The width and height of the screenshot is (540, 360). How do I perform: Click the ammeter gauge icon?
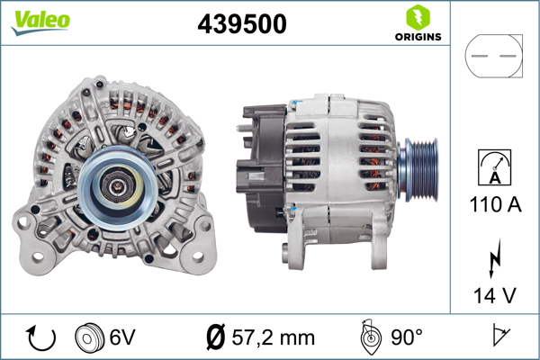coord(494,169)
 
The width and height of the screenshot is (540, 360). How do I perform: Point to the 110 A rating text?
coord(494,205)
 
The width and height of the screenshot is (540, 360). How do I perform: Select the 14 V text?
coord(494,293)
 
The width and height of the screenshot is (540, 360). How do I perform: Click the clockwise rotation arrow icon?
coord(40,337)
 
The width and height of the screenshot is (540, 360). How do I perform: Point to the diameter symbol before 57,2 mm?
coord(216,337)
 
